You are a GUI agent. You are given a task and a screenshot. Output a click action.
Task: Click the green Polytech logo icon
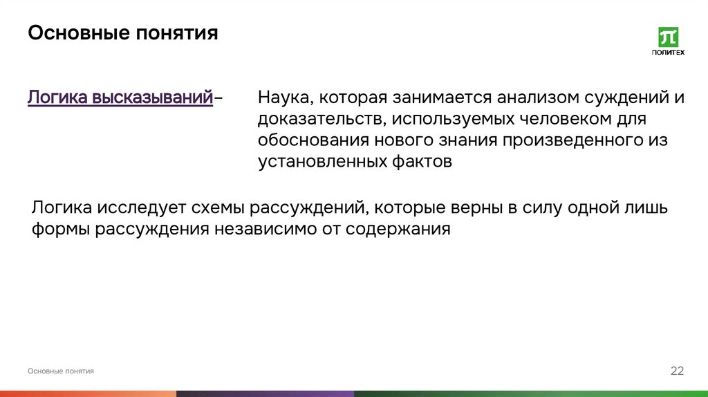click(x=668, y=37)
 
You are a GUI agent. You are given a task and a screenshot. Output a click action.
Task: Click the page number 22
click(x=677, y=371)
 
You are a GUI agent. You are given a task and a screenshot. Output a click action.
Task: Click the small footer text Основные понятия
click(x=61, y=371)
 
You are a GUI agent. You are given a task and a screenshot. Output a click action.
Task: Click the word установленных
click(x=317, y=162)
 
